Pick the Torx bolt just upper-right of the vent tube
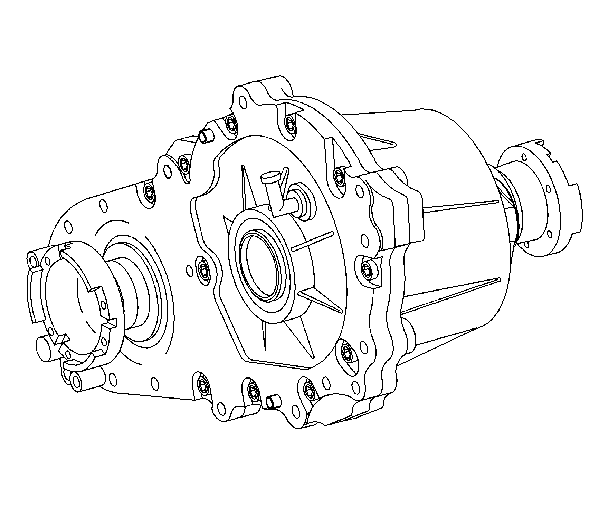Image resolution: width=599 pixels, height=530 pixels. pos(339,177)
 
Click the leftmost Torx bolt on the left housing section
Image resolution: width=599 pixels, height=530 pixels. pos(150,192)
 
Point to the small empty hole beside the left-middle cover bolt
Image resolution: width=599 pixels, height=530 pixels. pos(189,271)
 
